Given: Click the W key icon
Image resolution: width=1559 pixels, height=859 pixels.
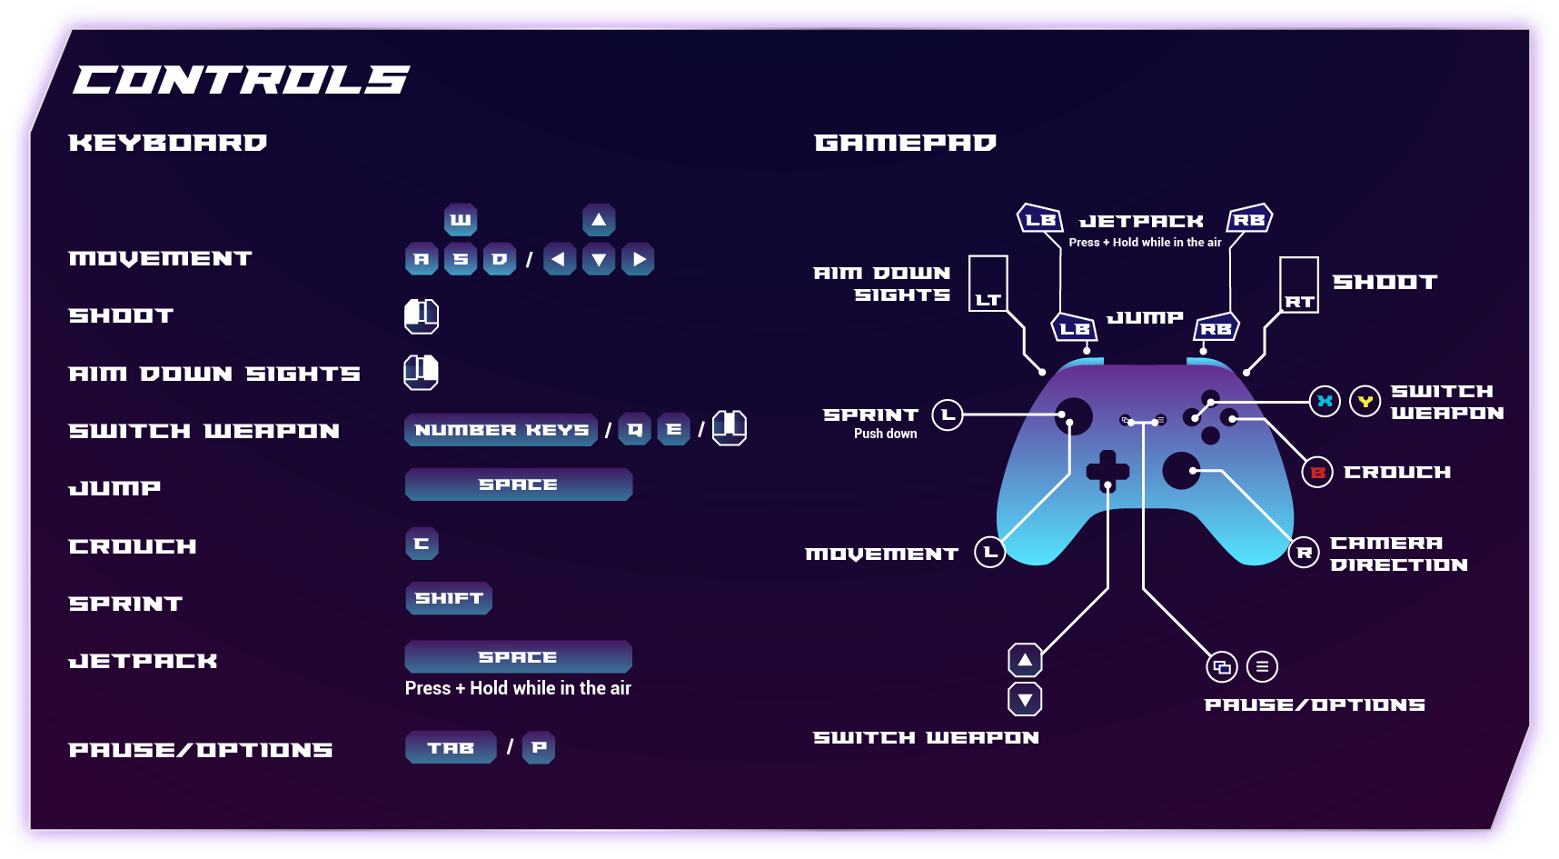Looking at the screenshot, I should point(461,220).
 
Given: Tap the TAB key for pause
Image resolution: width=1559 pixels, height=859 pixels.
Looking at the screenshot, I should point(451,747).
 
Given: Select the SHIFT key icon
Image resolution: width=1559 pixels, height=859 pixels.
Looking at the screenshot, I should point(449,598).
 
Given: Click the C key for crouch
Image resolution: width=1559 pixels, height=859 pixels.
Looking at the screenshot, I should point(422,544).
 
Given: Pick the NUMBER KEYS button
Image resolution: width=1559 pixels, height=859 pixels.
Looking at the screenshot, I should point(501,429).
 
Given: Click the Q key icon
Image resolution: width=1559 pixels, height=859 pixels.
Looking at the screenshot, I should point(634,429).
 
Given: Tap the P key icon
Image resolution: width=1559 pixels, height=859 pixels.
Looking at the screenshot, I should point(539,747).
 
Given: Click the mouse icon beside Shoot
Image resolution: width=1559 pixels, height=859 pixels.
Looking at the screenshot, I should point(422,315).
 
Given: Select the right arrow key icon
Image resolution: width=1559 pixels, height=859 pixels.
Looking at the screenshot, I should point(639,259).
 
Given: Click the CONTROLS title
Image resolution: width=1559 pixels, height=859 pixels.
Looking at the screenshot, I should point(241,80).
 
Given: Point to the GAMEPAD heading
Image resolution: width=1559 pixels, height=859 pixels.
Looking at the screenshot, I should point(905,143).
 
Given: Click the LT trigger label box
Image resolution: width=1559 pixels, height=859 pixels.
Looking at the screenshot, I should point(988,284).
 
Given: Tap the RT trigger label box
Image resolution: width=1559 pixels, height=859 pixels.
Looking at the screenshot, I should point(1299,285).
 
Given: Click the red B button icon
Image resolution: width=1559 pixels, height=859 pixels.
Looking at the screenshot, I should point(1317,473).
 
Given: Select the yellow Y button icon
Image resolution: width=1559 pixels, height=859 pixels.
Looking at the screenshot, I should point(1365,401).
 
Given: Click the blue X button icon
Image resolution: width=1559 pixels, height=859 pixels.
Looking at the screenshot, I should point(1325,401).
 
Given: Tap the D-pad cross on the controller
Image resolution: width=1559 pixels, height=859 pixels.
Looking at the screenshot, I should point(1107,470).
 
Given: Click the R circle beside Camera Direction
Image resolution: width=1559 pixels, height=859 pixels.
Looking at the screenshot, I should point(1304,553).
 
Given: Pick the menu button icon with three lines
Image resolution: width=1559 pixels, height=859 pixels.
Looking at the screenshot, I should point(1262,666).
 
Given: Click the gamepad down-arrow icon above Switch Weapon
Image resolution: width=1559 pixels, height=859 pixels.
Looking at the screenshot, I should point(1025,699).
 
